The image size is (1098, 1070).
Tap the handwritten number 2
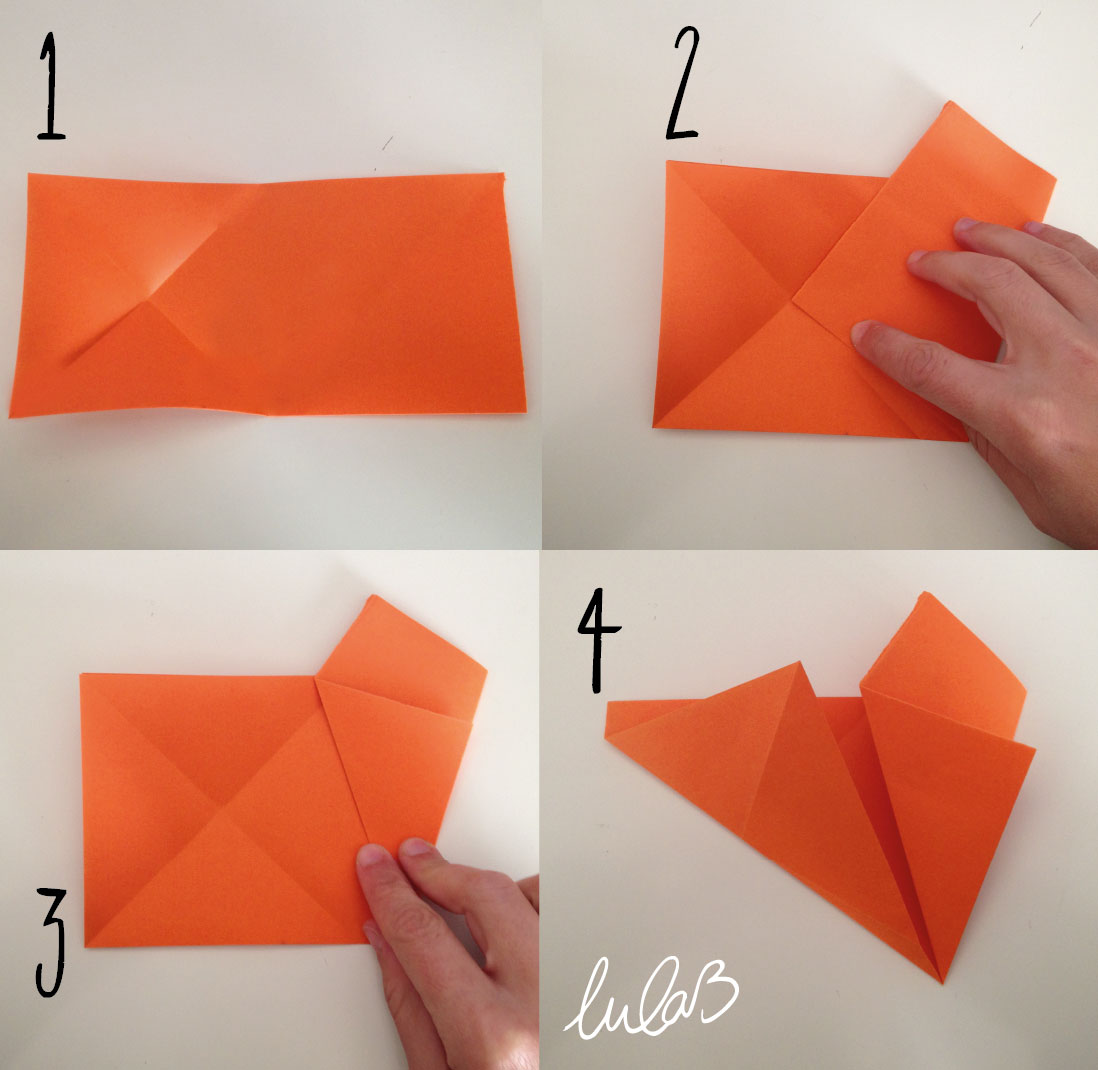[x=683, y=83]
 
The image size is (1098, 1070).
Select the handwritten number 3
[x=51, y=942]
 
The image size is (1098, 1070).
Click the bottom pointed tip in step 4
[x=942, y=981]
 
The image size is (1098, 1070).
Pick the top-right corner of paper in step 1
[x=503, y=174]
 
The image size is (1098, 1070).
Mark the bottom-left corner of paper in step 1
[x=11, y=417]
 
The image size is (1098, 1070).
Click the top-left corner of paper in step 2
[x=667, y=162]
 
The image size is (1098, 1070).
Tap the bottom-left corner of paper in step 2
[x=653, y=426]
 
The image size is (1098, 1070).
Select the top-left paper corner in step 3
[x=81, y=674]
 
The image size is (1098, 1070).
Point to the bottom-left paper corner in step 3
[x=86, y=946]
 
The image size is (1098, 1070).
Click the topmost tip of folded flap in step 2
[x=950, y=102]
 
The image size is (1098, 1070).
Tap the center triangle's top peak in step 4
[x=799, y=662]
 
